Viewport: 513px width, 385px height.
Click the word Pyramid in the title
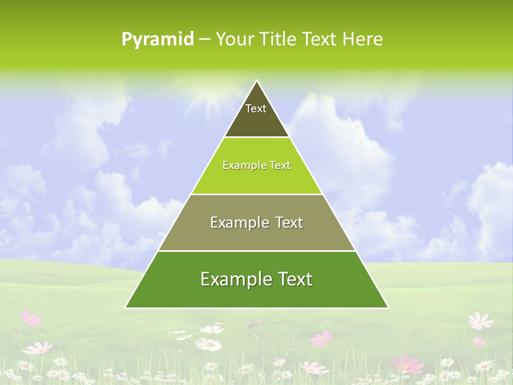158,40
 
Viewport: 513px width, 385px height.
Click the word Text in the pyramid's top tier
256,109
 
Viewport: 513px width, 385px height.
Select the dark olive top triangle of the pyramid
256,120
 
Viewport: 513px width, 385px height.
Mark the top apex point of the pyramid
256,81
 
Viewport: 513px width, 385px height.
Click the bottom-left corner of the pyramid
126,307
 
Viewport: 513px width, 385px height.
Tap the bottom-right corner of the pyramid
388,307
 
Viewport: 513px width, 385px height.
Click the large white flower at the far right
480,321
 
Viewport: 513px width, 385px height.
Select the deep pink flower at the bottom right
407,365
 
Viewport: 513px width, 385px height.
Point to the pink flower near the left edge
31,319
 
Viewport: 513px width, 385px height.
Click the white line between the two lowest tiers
256,251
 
